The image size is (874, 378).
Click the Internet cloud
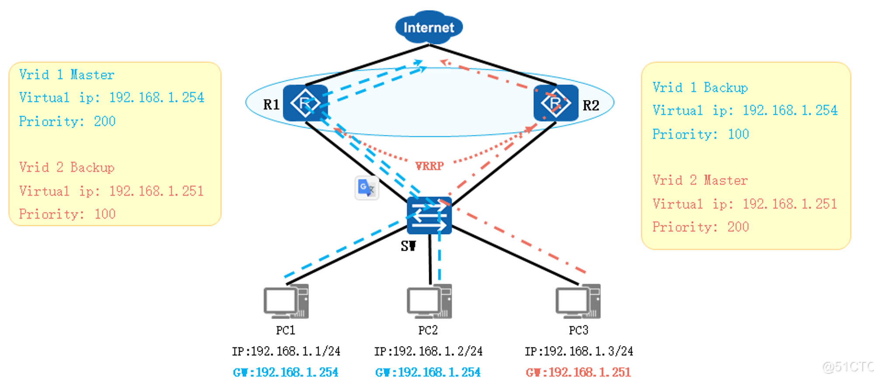click(x=429, y=28)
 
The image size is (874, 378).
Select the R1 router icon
click(x=305, y=103)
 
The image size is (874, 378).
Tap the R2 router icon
click(x=556, y=103)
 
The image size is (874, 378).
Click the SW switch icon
click(x=429, y=215)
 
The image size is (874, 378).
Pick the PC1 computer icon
click(x=286, y=301)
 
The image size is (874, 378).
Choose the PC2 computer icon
click(x=429, y=301)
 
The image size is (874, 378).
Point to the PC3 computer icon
click(x=578, y=301)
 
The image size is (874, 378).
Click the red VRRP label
click(x=430, y=166)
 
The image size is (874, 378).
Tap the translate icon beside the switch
click(x=367, y=188)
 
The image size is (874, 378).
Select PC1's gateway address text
click(x=286, y=372)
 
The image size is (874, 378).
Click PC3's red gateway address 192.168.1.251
click(x=578, y=372)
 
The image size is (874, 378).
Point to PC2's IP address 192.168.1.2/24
click(x=428, y=351)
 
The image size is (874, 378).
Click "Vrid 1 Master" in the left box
click(x=67, y=75)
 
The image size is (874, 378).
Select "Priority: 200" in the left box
click(x=67, y=121)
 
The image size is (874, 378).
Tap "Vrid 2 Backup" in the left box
click(x=67, y=167)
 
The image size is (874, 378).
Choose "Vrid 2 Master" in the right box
click(x=700, y=180)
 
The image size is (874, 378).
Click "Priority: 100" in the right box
click(x=701, y=134)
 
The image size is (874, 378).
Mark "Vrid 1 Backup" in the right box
click(x=700, y=87)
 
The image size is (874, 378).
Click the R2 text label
click(x=591, y=105)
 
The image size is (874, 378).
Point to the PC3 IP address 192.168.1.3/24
click(x=579, y=351)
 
